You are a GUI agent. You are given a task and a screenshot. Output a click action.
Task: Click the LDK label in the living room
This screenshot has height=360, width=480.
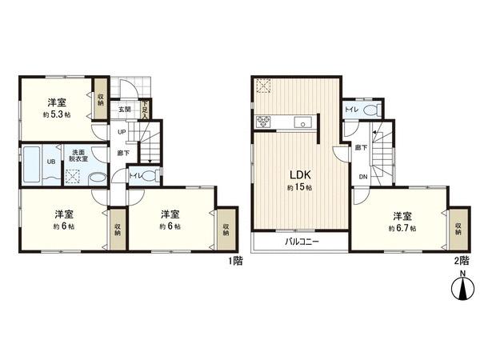289,174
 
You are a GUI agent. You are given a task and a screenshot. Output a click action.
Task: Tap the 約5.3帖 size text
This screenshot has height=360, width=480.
55,114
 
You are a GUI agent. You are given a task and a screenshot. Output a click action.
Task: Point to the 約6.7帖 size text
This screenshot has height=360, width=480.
402,228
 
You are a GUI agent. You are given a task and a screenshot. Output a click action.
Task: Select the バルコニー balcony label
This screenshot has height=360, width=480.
301,241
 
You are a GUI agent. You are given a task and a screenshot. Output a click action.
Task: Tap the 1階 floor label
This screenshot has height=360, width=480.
234,261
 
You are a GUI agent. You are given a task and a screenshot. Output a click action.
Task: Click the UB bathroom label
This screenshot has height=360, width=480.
50,162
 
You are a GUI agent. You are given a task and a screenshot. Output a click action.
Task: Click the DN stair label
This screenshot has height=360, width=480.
362,177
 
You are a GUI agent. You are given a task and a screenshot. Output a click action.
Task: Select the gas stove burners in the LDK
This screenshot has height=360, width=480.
264,122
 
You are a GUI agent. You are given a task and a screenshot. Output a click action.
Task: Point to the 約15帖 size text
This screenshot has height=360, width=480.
289,186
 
